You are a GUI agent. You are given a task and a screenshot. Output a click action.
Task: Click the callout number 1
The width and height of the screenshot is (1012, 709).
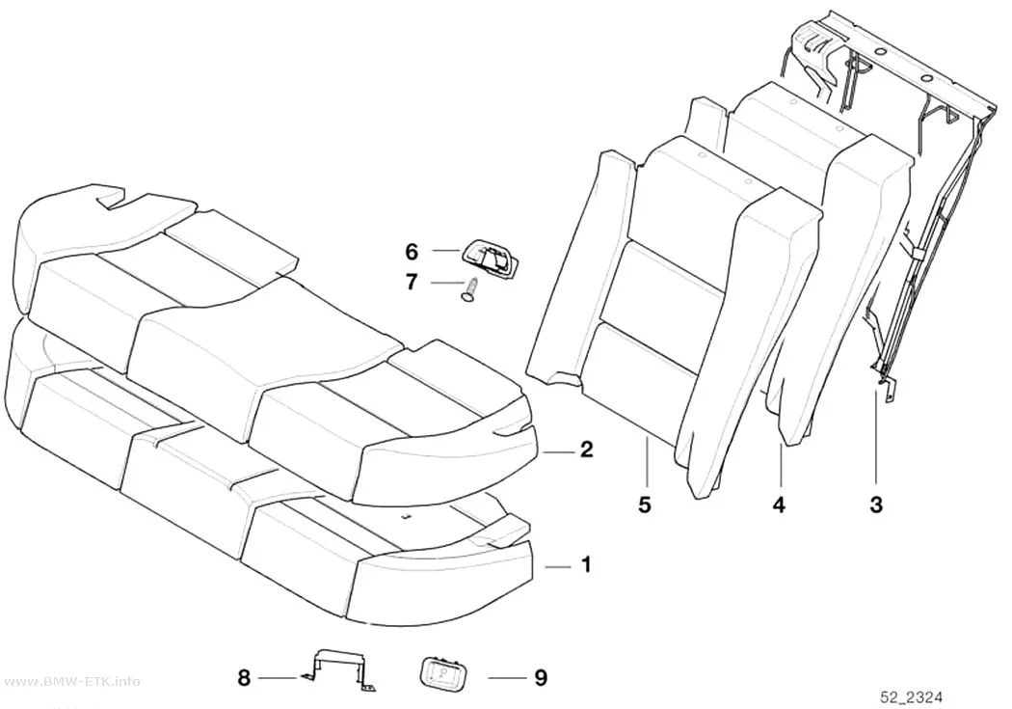pyautogui.click(x=586, y=565)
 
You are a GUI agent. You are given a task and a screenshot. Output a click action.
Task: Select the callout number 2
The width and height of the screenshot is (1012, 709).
pyautogui.click(x=586, y=449)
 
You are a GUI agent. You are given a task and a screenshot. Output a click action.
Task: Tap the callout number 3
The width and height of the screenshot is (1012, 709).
pyautogui.click(x=876, y=504)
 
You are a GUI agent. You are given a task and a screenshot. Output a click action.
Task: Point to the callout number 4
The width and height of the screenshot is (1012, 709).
pyautogui.click(x=780, y=504)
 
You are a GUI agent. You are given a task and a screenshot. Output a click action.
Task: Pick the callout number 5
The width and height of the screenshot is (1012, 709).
pyautogui.click(x=645, y=504)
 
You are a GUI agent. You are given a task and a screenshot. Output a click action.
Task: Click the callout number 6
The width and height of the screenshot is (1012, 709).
pyautogui.click(x=412, y=251)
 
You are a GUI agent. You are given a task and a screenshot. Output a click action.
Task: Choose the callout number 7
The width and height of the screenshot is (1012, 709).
pyautogui.click(x=412, y=283)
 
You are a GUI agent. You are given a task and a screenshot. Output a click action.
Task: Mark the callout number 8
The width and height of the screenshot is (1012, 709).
pyautogui.click(x=244, y=678)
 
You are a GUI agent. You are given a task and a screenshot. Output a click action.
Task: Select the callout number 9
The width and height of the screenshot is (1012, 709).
pyautogui.click(x=541, y=678)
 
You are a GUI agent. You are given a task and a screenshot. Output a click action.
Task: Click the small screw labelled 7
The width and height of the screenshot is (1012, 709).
pyautogui.click(x=470, y=288)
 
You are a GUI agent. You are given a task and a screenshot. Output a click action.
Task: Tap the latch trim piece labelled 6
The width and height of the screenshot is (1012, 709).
pyautogui.click(x=490, y=258)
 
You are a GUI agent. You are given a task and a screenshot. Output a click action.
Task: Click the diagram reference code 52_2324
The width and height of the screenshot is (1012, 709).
pyautogui.click(x=912, y=697)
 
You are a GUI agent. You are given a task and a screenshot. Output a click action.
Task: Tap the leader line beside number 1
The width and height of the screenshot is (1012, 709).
pyautogui.click(x=558, y=566)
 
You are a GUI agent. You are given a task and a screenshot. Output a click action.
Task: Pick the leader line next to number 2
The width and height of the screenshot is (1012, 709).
pyautogui.click(x=558, y=452)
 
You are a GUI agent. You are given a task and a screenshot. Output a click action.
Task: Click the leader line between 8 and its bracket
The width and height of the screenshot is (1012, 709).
pyautogui.click(x=279, y=678)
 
